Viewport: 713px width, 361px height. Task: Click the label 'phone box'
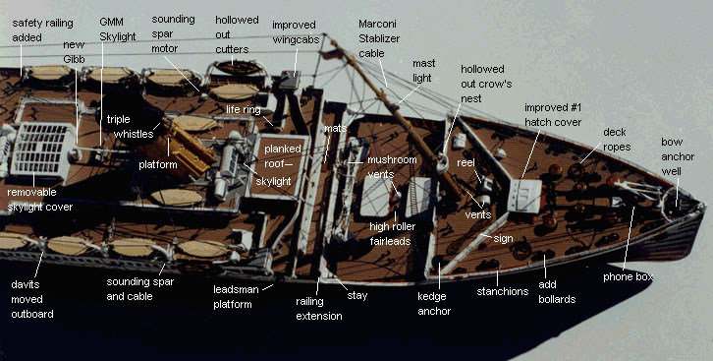628,276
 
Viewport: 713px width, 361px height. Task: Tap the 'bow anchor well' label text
678,156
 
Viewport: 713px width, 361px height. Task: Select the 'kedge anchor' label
434,304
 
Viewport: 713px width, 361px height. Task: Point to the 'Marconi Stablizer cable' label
379,38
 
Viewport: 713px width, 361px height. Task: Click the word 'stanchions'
503,291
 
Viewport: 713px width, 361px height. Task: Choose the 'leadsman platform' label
236,297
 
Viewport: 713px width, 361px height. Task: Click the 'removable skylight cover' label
40,200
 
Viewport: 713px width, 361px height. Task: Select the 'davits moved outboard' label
32,299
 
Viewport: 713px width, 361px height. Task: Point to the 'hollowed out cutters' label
237,34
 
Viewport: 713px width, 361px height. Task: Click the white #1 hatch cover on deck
524,196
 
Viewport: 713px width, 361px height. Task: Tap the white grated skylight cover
43,149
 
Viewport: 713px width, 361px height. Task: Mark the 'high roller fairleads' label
393,233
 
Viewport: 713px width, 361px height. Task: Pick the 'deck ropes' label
617,140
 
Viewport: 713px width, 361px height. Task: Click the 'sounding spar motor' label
173,33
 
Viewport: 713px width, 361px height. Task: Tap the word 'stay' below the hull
357,295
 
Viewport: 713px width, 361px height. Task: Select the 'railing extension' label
319,309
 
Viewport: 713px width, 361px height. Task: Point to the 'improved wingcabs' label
296,31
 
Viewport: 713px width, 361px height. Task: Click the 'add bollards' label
557,292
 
